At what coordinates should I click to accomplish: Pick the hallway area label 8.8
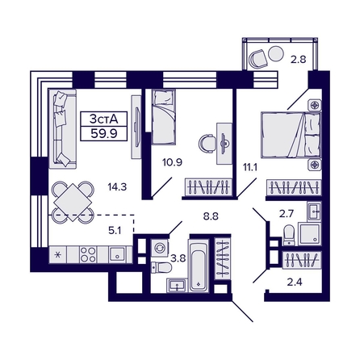[210, 216]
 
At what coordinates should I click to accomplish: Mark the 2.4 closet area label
[296, 283]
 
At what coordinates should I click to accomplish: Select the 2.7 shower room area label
[287, 215]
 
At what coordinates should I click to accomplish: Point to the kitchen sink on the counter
[116, 255]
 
